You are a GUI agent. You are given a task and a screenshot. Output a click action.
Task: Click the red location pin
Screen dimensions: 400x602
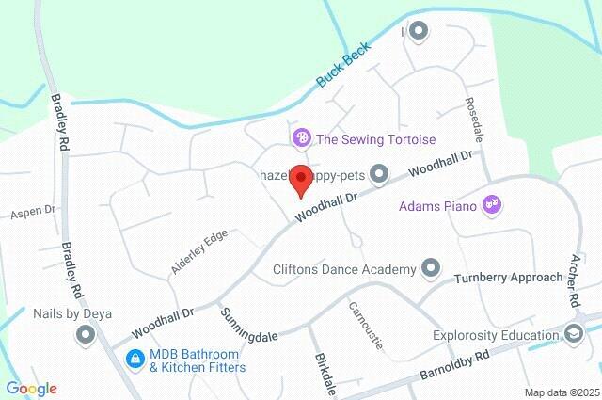pos(300,179)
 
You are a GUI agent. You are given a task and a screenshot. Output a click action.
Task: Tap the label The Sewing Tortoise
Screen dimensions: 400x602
pos(375,139)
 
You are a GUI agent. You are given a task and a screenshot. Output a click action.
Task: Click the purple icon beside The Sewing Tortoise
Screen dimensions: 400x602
pos(301,139)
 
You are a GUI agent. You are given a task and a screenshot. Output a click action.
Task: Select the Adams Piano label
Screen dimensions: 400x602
pos(439,204)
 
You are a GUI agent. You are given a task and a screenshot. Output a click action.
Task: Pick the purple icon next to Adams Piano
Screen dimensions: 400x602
pos(491,203)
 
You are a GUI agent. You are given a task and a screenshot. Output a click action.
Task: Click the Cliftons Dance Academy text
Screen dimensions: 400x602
pos(343,269)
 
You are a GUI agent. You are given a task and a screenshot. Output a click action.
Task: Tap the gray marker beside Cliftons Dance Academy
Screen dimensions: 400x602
pos(431,268)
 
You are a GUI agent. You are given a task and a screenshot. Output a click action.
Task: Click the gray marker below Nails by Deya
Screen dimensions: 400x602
pos(87,334)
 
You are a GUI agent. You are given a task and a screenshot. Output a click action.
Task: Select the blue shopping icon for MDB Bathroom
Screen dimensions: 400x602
pos(135,359)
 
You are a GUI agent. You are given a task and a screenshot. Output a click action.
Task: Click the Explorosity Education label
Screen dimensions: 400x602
pos(496,334)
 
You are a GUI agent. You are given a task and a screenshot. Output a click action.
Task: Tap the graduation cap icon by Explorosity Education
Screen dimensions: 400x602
pos(573,334)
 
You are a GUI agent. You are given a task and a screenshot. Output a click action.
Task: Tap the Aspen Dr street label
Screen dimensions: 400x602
pos(34,214)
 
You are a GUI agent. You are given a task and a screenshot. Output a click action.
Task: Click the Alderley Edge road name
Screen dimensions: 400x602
pos(199,252)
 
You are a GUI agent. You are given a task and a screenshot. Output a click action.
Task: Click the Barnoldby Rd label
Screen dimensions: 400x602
pos(457,367)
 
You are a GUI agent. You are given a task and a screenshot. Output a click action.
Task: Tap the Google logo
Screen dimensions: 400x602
pos(31,388)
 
